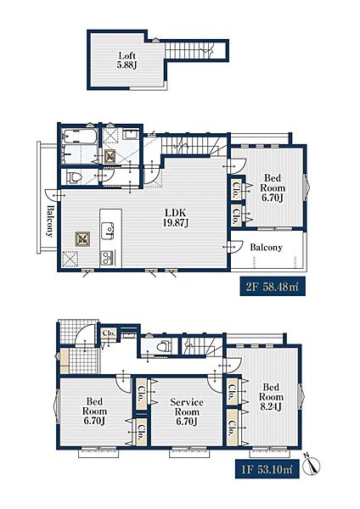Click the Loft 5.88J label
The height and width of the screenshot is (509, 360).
[127, 60]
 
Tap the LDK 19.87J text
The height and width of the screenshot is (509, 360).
[176, 218]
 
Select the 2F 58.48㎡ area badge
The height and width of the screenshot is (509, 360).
[273, 287]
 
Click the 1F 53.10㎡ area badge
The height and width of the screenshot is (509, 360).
[267, 469]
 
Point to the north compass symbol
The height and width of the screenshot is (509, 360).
[312, 465]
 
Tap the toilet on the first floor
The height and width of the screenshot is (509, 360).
[163, 346]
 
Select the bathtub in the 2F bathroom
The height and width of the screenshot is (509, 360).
[80, 136]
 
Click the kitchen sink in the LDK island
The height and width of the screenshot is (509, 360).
[107, 231]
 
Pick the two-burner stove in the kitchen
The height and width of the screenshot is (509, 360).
[107, 258]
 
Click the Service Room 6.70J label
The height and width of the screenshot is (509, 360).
[187, 411]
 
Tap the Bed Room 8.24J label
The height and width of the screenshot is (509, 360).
[271, 397]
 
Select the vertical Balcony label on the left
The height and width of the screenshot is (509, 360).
[50, 221]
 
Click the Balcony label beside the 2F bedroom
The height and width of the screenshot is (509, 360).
[266, 248]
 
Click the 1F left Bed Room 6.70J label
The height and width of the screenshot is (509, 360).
[94, 411]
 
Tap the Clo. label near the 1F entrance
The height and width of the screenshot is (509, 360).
[109, 333]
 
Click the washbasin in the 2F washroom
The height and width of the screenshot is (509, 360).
[131, 135]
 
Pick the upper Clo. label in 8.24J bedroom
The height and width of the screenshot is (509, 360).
[233, 392]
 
